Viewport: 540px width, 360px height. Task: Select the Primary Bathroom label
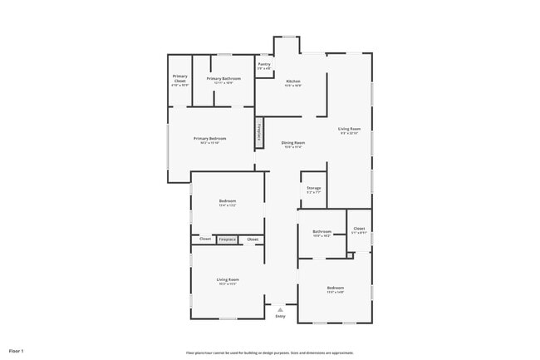pos(223,78)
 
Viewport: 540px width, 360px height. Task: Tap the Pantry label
pos(263,64)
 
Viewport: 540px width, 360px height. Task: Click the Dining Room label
pos(293,143)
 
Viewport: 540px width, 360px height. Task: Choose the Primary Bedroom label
pos(209,139)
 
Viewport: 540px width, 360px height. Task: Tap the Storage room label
pos(313,188)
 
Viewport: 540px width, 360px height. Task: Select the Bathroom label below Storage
pos(322,231)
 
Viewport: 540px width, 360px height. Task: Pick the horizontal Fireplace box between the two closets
pos(227,239)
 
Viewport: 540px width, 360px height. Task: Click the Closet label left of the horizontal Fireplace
pos(204,239)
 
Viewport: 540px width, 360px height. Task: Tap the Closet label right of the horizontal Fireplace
pos(253,239)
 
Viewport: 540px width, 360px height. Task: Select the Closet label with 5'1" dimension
pos(359,228)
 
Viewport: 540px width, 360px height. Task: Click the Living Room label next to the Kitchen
pos(349,129)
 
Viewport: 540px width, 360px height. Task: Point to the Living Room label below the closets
pos(228,279)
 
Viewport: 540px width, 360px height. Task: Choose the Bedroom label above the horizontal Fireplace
pos(228,201)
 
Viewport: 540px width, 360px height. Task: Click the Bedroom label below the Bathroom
pos(335,288)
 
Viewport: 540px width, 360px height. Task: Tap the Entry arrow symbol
pos(280,309)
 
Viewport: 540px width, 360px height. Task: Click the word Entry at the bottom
pos(280,316)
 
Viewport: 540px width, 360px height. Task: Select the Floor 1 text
pos(16,350)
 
